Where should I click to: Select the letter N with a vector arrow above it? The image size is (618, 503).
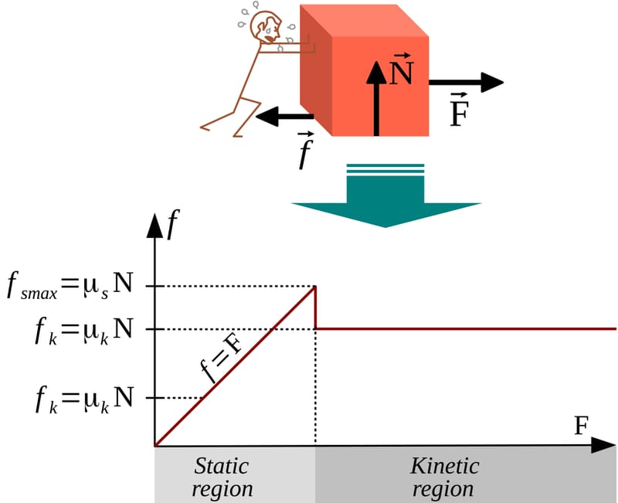401,73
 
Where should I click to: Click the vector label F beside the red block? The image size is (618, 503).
459,113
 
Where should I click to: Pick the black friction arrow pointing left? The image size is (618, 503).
285,118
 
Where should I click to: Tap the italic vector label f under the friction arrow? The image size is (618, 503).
306,153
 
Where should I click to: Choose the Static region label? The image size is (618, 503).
222,478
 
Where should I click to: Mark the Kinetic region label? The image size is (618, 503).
444,478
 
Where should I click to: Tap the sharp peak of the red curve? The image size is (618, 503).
315,287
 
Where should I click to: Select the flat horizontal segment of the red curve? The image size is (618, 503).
463,328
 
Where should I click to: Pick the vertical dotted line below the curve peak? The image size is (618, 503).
315,386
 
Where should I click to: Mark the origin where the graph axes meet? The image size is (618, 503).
156,446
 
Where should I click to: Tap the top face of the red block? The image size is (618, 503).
363,20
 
